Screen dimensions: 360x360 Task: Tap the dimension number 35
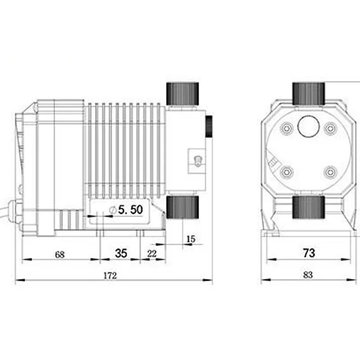point(121,253)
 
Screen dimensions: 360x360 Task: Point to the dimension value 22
point(152,254)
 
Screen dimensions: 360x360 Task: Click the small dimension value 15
point(191,239)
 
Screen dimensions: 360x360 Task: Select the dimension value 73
point(308,253)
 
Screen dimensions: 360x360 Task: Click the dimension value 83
point(308,275)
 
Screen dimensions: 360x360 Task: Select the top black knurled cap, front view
point(308,93)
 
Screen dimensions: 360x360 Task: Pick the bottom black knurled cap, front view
point(308,207)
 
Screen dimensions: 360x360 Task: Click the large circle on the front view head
point(308,128)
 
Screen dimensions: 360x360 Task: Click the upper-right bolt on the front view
point(331,128)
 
